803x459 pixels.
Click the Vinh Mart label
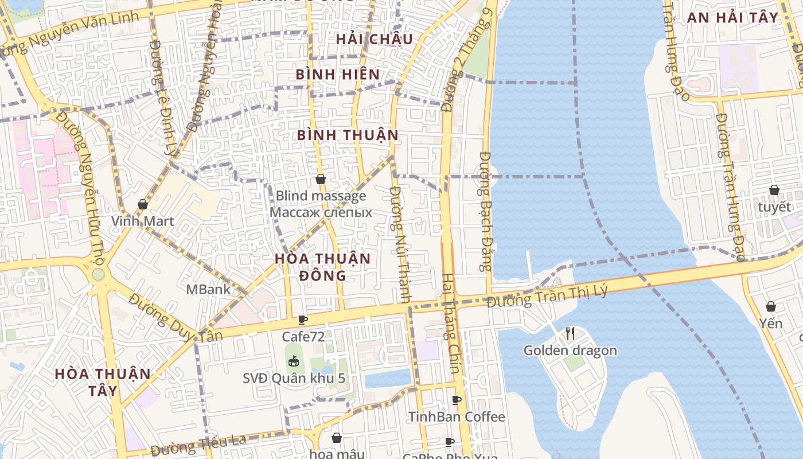142,221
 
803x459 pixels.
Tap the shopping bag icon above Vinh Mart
142,204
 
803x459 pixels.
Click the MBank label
208,289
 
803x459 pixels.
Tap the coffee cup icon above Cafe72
303,320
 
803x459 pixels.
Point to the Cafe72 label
303,336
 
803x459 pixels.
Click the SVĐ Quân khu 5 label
294,378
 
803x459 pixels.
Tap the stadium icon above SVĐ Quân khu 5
294,361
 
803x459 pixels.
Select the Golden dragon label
570,350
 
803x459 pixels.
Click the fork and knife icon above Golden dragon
570,333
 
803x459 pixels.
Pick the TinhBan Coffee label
457,417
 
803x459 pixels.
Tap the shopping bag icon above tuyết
774,190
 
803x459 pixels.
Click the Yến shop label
770,324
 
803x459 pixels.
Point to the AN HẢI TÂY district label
733,17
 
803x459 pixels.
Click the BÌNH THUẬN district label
348,135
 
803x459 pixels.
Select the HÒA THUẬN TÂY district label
103,382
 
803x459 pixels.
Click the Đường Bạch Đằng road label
486,211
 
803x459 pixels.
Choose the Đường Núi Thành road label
400,244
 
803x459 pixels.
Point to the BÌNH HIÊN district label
337,74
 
